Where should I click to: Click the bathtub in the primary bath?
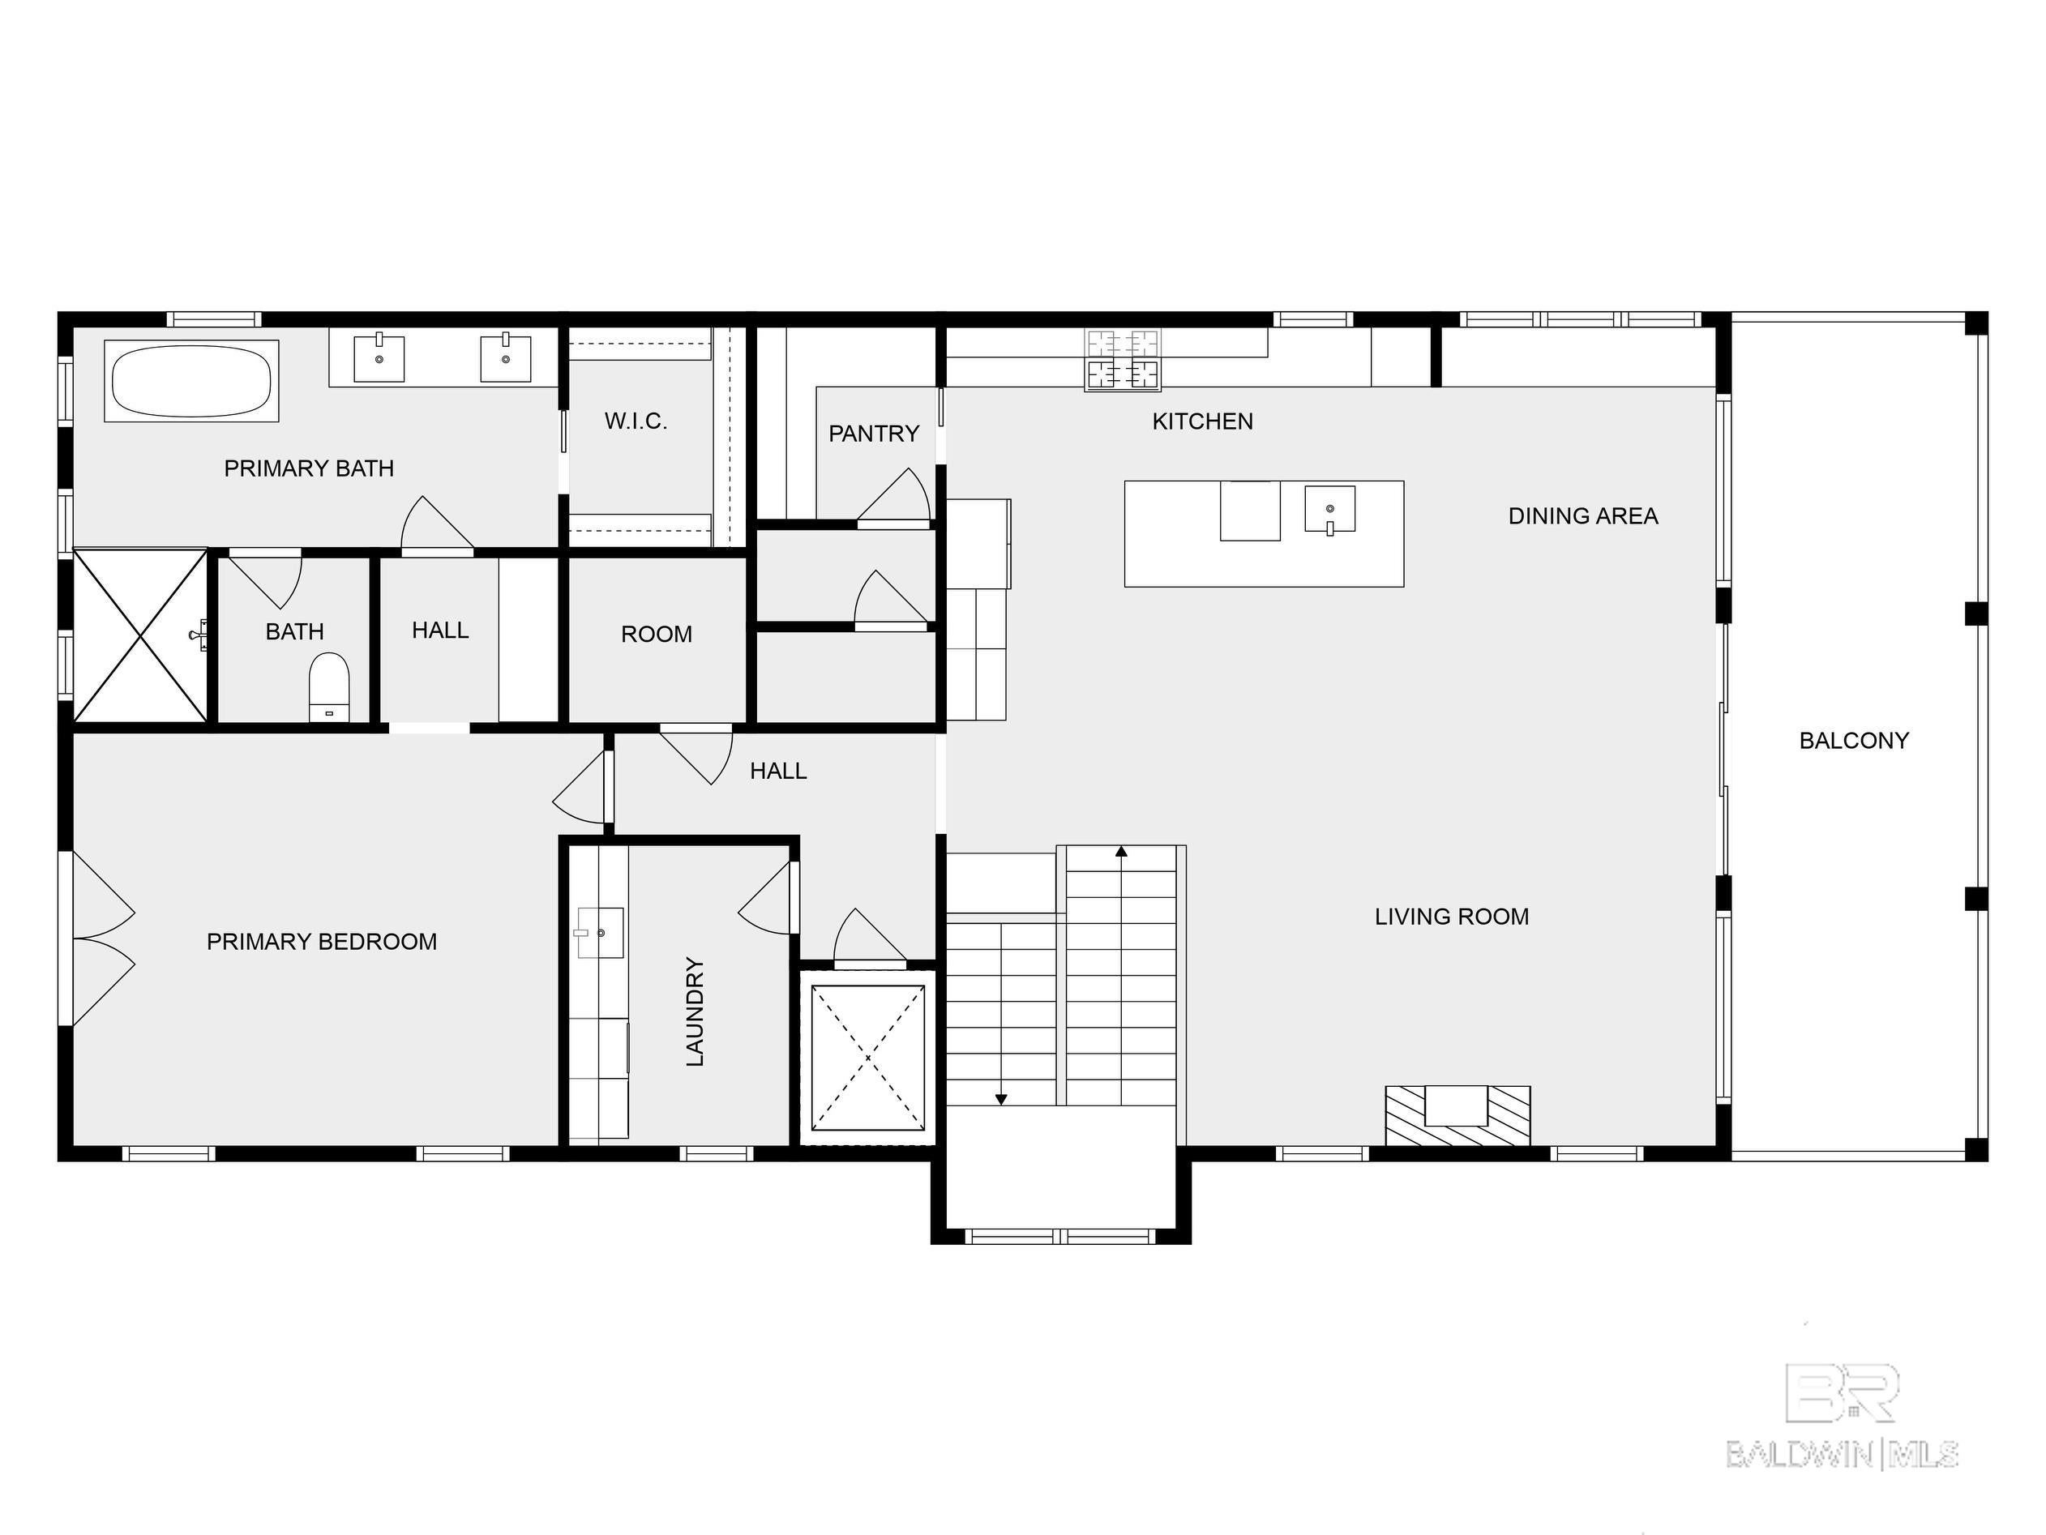191,382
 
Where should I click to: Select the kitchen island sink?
1329,510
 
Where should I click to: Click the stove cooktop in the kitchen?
1122,360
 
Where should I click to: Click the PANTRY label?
873,434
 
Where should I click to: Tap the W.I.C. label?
636,421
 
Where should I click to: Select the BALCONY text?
1853,741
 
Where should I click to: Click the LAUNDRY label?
696,1011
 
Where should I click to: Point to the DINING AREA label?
1582,516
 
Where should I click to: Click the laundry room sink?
599,932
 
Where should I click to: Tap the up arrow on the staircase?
1121,852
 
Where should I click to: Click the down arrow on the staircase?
1001,1097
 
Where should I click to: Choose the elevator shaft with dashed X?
867,1057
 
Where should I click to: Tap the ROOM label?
656,635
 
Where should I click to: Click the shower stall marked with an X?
139,635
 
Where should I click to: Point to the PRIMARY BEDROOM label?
321,942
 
